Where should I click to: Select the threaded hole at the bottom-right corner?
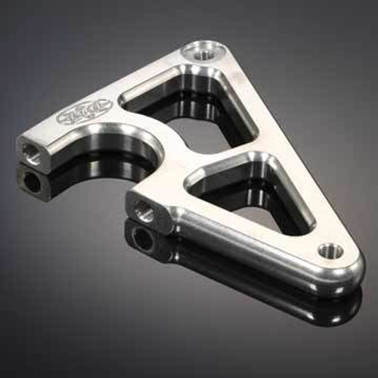pyautogui.click(x=330, y=250)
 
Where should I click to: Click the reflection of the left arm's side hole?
pyautogui.click(x=33, y=181)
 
